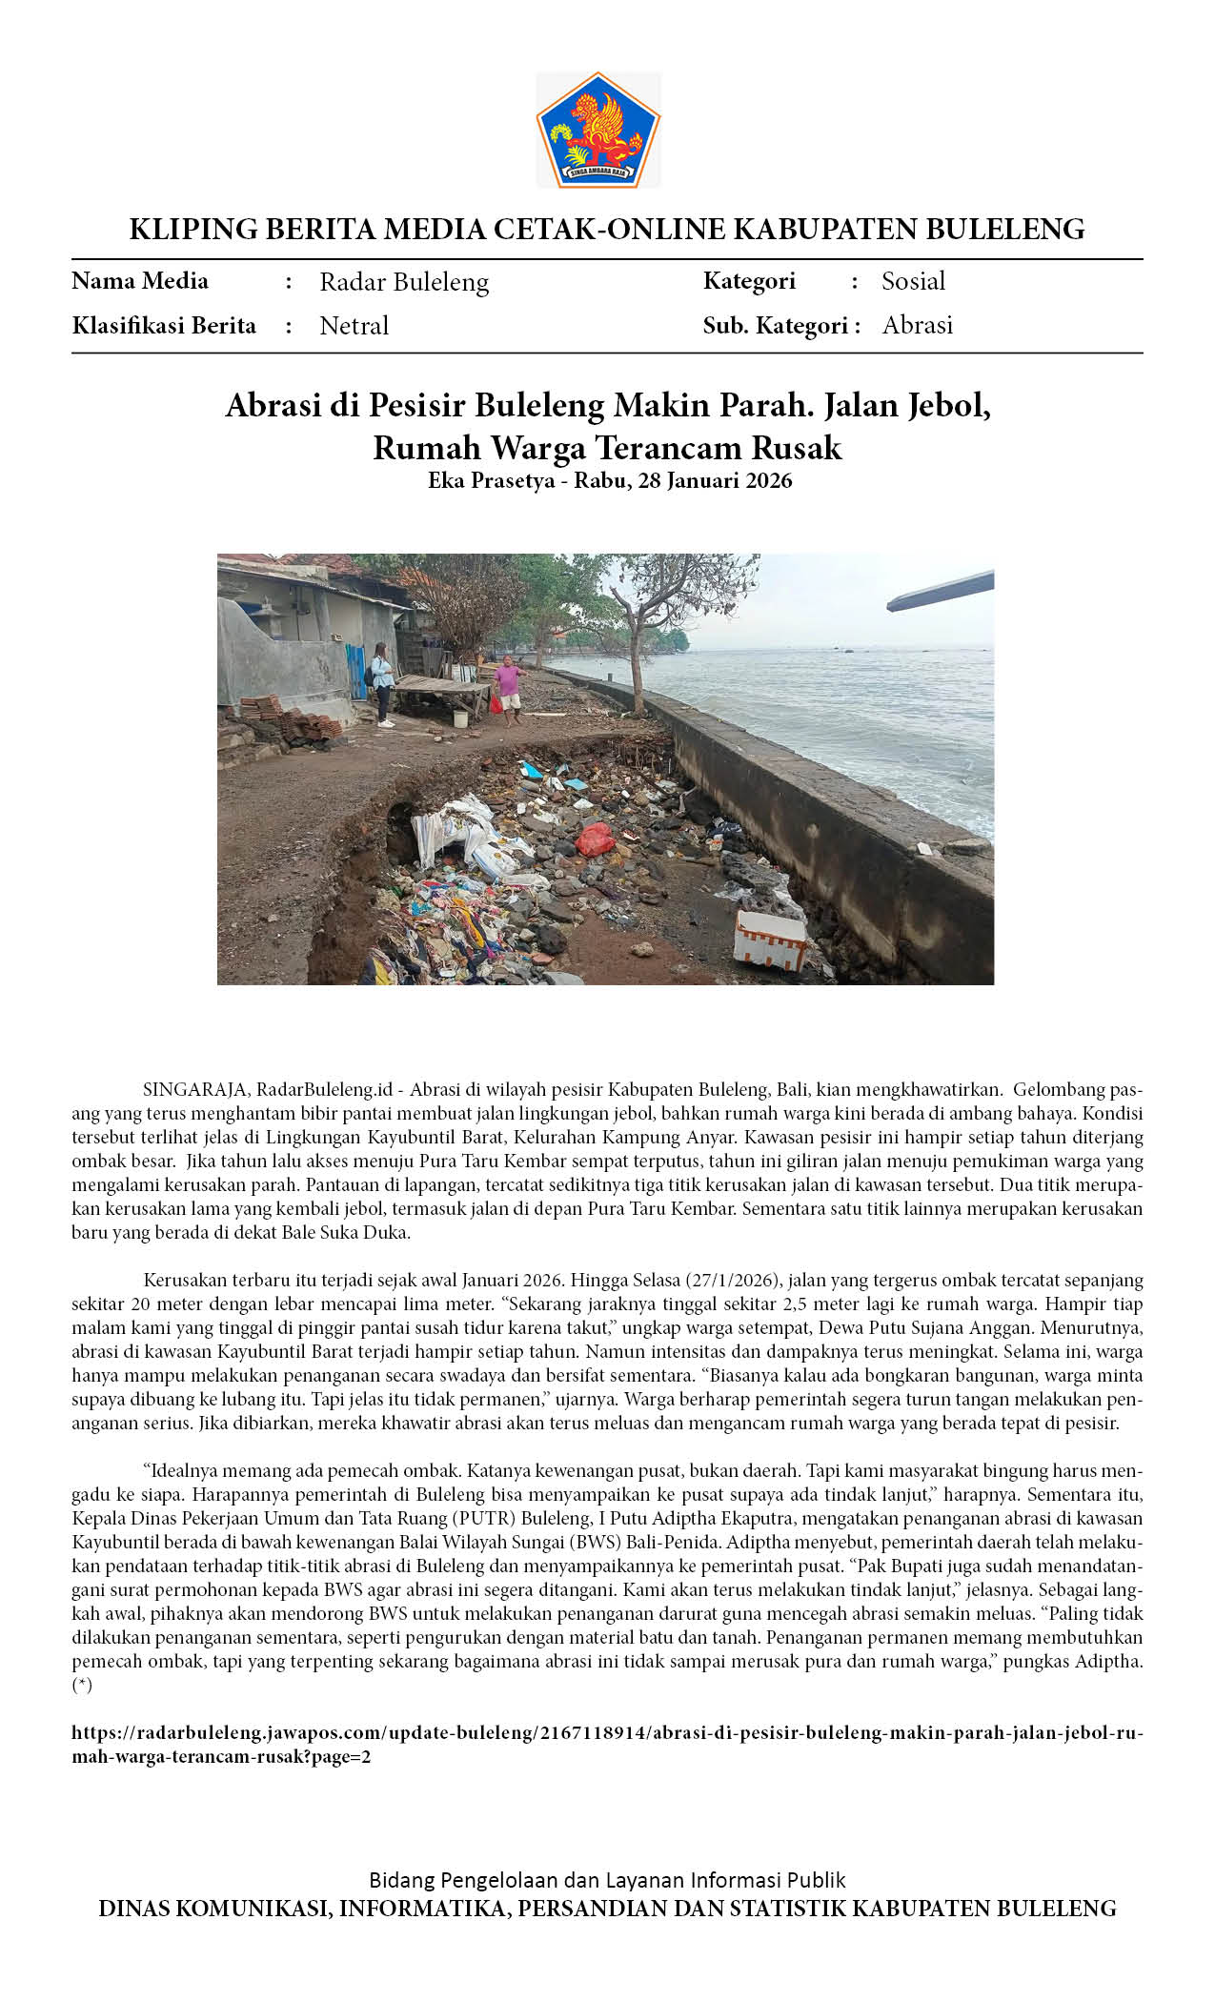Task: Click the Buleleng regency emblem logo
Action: coord(597,130)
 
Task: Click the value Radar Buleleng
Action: coord(404,282)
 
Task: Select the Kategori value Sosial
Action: coord(913,281)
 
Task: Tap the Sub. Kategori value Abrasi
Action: coord(917,325)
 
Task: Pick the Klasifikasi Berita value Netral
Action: coord(354,326)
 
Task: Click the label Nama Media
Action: coord(140,281)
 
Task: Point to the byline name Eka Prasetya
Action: coord(491,480)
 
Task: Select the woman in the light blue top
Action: coord(382,682)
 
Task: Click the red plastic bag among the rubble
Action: coord(595,839)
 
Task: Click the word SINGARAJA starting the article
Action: coord(196,1089)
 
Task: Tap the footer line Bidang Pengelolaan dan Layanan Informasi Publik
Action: coord(607,1880)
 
